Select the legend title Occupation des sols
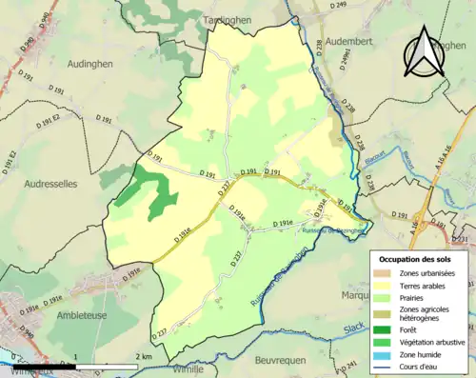click(x=417, y=259)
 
